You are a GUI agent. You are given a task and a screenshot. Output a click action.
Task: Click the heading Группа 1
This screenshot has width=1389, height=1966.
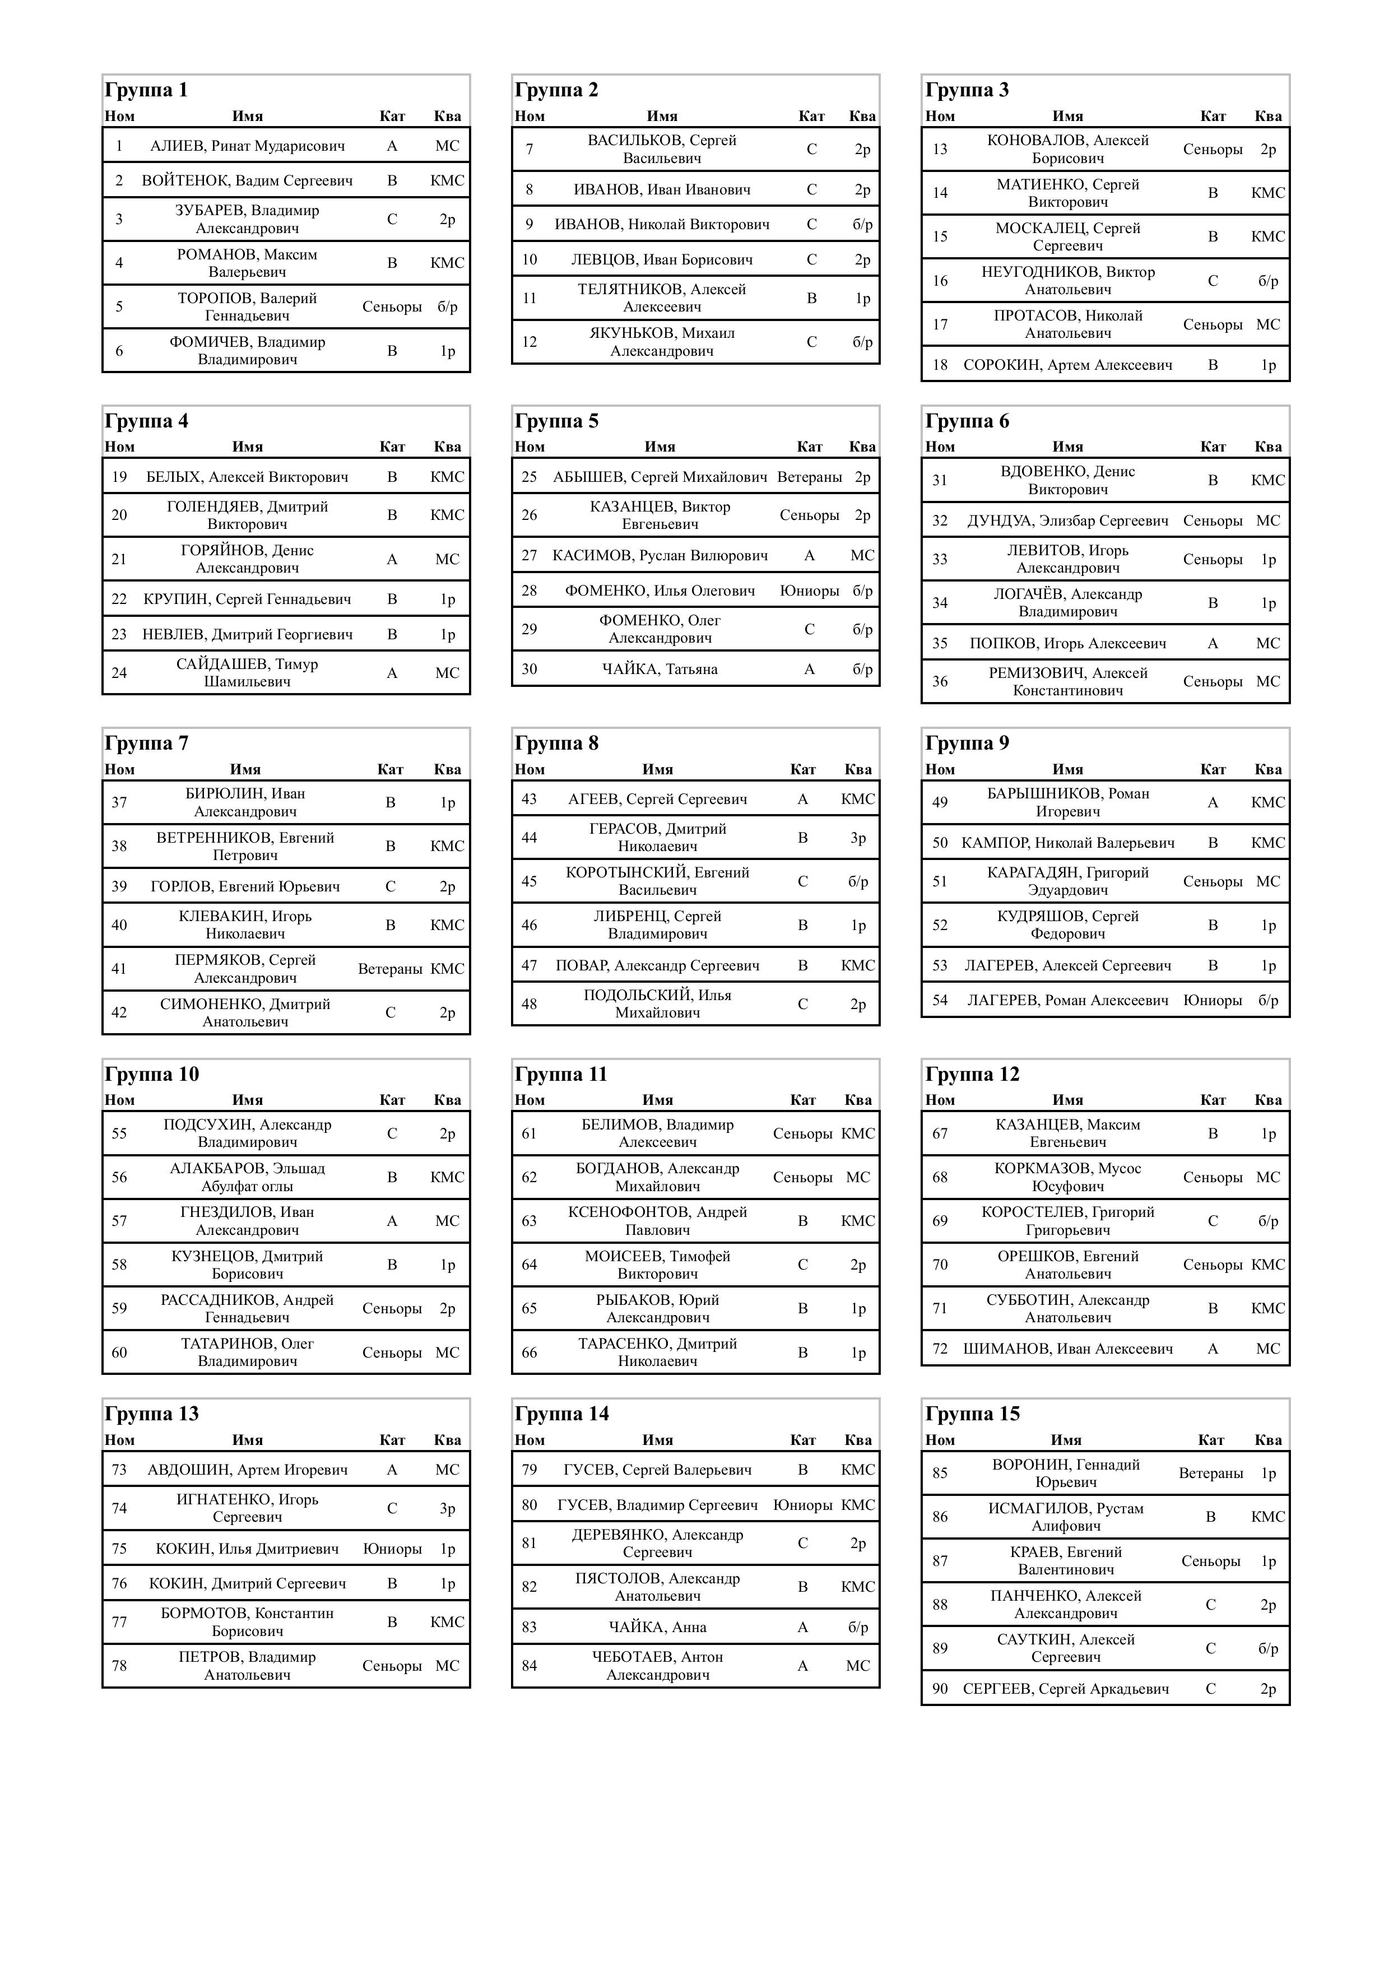point(146,90)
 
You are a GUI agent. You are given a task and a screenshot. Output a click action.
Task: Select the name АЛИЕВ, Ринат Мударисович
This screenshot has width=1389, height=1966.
point(248,146)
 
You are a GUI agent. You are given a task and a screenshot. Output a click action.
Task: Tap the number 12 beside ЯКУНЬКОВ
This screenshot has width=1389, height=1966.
point(529,342)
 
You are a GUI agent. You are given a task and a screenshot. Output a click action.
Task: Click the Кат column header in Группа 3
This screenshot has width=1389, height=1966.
point(1212,117)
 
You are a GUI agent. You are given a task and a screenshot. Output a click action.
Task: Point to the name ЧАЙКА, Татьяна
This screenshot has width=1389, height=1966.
point(659,670)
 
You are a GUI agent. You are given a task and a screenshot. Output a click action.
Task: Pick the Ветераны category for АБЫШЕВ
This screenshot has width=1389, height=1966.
point(809,477)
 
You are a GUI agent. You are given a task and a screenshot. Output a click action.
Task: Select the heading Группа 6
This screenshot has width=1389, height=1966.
point(967,421)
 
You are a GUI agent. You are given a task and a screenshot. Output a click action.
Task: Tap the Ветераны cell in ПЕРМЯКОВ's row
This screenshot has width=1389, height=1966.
point(389,969)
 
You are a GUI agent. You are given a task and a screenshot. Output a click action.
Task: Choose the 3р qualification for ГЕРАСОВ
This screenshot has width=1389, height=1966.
point(858,838)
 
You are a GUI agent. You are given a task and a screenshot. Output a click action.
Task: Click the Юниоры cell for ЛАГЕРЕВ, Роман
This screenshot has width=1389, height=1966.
point(1212,1000)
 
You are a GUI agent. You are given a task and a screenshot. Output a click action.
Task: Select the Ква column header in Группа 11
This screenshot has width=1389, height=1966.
point(858,1100)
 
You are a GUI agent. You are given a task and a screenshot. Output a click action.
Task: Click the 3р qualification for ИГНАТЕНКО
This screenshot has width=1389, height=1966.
point(447,1509)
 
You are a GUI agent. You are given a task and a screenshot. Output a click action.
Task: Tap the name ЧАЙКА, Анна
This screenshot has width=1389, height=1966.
point(658,1627)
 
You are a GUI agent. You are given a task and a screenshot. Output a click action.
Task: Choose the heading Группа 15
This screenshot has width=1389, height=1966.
point(972,1414)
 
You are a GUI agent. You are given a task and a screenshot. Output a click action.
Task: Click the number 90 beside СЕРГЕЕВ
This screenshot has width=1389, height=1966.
point(940,1689)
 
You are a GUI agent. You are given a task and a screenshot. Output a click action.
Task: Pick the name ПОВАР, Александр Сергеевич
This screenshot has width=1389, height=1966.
point(658,965)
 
